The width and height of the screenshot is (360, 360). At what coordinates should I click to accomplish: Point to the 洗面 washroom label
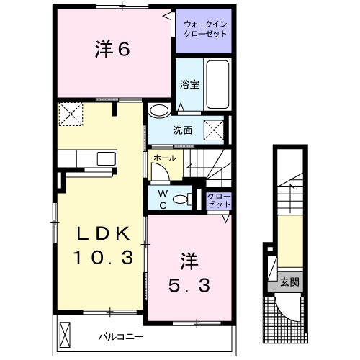182,131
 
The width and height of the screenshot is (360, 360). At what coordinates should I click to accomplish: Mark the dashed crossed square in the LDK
70,113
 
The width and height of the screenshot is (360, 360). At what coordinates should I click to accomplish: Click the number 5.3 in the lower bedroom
190,284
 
